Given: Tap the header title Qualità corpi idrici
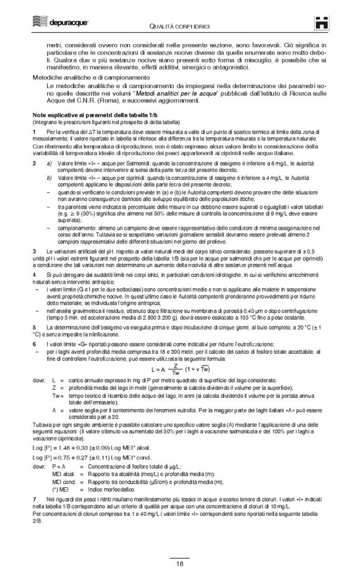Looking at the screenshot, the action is (179, 24).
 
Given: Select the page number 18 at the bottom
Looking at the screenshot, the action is (179, 562).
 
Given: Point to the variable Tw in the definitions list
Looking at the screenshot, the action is (58, 395).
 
